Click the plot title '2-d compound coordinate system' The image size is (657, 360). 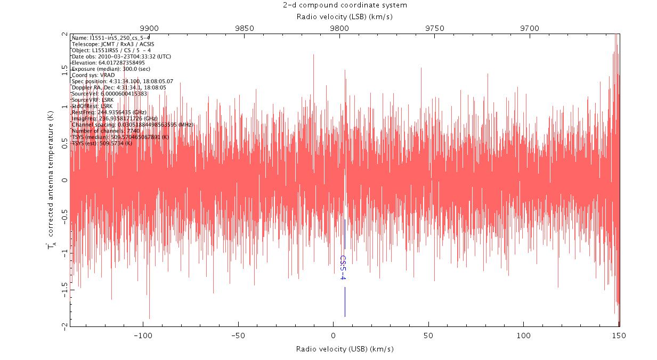coord(345,5)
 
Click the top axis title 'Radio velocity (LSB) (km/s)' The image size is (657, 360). coord(345,17)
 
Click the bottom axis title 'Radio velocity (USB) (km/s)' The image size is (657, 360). coord(345,349)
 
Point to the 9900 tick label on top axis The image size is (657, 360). coord(149,28)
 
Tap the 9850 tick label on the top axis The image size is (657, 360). coord(244,28)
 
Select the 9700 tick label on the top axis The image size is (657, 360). coord(530,28)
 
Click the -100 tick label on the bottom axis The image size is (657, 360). coord(142,336)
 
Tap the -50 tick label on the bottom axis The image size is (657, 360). coord(238,336)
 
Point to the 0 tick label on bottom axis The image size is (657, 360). coord(333,336)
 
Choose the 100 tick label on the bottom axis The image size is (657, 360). coord(524,336)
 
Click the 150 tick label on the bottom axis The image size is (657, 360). coord(619,336)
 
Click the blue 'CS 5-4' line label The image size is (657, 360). coord(344,267)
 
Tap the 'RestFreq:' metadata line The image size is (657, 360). coord(109,112)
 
